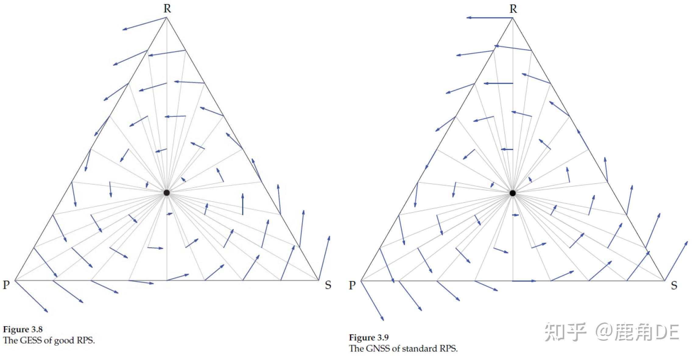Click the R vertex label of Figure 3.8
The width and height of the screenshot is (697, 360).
pyautogui.click(x=167, y=9)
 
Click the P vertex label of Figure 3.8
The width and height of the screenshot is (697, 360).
pyautogui.click(x=6, y=285)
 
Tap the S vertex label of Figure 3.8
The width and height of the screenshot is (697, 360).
pyautogui.click(x=328, y=285)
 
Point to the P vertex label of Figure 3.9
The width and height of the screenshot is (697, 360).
pyautogui.click(x=352, y=285)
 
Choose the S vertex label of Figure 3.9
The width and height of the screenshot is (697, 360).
pyautogui.click(x=674, y=286)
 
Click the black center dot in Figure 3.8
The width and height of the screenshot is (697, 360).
pyautogui.click(x=167, y=193)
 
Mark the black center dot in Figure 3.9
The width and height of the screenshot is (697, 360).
pyautogui.click(x=512, y=193)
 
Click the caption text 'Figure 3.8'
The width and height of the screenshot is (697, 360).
pyautogui.click(x=23, y=330)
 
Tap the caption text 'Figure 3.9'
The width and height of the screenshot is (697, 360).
pyautogui.click(x=369, y=337)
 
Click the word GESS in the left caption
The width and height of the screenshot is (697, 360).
pyautogui.click(x=30, y=340)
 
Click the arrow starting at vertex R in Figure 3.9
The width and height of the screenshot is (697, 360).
pyautogui.click(x=490, y=18)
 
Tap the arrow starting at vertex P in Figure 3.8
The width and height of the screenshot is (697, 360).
pyautogui.click(x=31, y=296)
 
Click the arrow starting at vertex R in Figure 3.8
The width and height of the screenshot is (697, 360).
pyautogui.click(x=145, y=23)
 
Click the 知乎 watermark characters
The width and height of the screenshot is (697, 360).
pyautogui.click(x=565, y=332)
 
